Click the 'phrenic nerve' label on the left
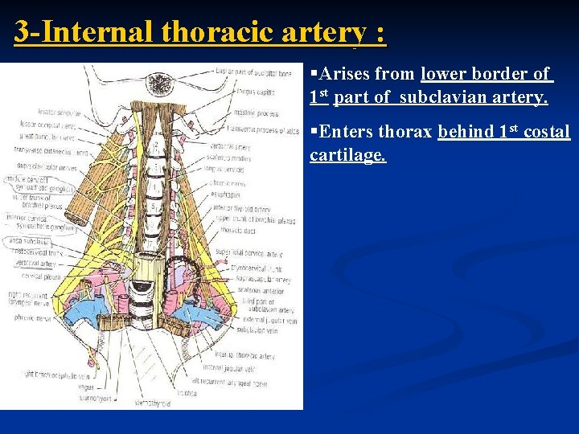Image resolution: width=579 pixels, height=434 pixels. [x=32, y=317]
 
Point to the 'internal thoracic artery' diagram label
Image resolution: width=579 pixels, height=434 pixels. [x=244, y=356]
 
